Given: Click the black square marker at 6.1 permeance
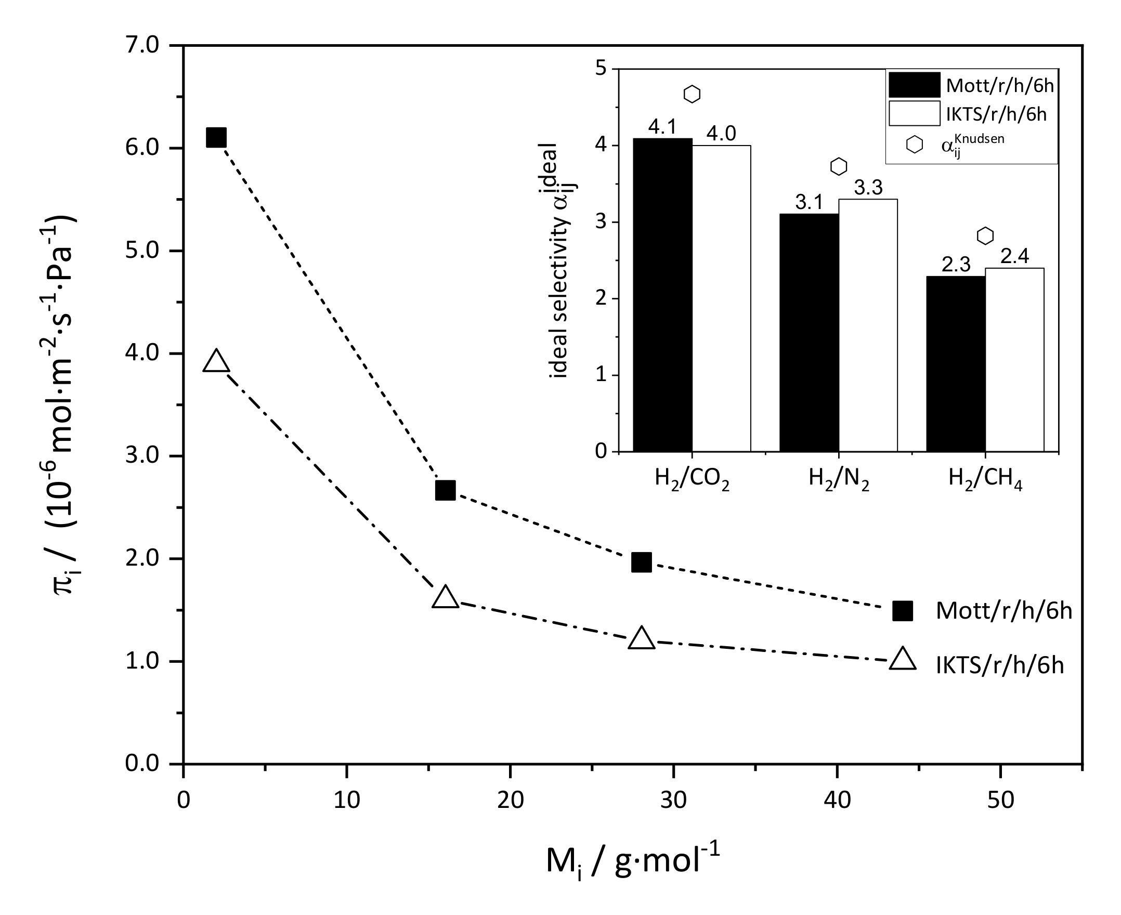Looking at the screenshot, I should click(217, 138).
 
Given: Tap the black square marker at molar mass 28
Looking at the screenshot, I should click(642, 563).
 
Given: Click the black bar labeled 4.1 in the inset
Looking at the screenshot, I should click(662, 295).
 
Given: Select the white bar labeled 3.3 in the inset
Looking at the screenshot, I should click(868, 325).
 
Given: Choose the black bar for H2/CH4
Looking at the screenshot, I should click(956, 364).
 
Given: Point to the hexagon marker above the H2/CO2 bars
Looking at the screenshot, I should click(692, 94).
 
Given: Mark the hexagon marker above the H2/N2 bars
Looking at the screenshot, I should click(839, 166).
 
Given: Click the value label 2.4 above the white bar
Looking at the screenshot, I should click(1014, 257).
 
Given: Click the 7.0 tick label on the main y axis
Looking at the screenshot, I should click(141, 45).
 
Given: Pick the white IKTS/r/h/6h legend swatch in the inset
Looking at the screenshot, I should click(915, 113).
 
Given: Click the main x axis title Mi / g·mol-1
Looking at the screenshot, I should click(632, 862).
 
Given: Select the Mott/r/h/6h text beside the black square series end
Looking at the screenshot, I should click(1004, 611).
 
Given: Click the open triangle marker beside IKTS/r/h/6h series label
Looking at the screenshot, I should click(902, 659).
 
